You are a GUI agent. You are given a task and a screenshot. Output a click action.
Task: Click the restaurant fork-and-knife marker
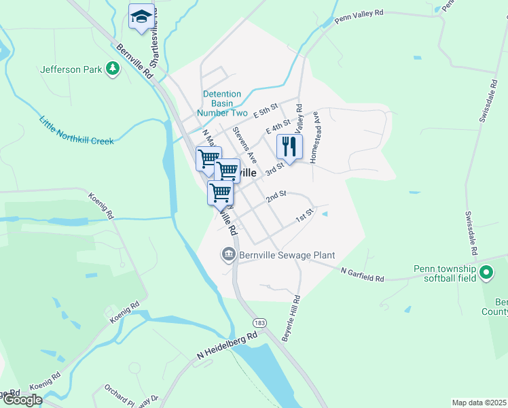[x=289, y=147]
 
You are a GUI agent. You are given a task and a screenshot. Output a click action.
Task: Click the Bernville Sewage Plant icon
[x=228, y=255]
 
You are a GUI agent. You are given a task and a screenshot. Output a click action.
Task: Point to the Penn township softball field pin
[x=486, y=273]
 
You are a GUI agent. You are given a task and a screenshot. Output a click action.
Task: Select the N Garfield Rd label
[x=363, y=275]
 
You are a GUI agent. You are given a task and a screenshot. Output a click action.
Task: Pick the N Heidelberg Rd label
[x=228, y=345]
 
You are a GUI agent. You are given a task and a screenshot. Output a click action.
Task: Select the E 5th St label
[x=266, y=110]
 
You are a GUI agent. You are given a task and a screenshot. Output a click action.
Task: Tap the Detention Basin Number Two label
[x=222, y=103]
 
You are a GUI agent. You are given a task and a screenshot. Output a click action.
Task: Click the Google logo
[x=22, y=400]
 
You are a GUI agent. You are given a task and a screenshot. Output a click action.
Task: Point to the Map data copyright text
[x=479, y=403]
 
